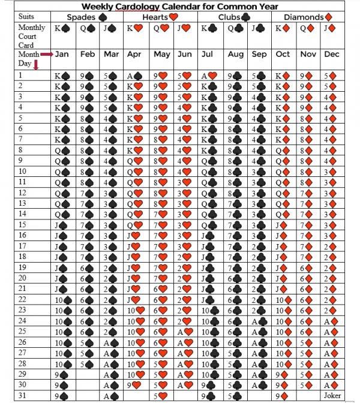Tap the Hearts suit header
point(160,17)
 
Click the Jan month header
point(62,55)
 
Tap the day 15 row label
point(24,224)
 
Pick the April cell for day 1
point(136,76)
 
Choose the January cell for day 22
point(62,299)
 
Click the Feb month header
point(88,55)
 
